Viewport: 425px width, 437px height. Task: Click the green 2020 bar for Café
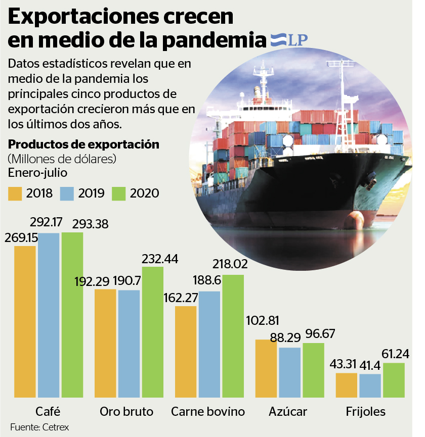tap(72, 316)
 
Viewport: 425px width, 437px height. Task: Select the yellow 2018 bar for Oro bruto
tap(105, 344)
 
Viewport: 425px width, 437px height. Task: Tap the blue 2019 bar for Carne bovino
tap(209, 345)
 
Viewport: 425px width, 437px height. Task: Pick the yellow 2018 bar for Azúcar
tap(266, 369)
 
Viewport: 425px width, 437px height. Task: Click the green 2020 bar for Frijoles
tap(394, 380)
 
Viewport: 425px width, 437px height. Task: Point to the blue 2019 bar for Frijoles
tap(370, 386)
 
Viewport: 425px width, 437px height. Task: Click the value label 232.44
tap(160, 259)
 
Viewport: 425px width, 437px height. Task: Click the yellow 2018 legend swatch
tap(15, 193)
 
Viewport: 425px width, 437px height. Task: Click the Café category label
tap(49, 411)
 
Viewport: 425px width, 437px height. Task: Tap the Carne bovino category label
tap(208, 411)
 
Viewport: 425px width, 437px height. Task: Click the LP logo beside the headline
tap(289, 40)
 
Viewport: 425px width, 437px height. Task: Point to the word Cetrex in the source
tap(56, 427)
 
